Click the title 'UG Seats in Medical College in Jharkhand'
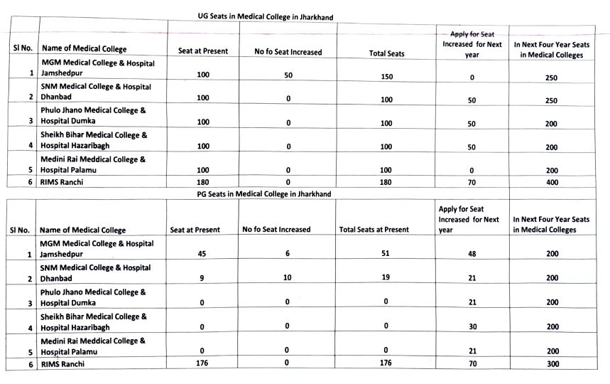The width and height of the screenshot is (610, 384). tap(265, 16)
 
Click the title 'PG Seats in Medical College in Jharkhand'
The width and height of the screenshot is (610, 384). tap(264, 193)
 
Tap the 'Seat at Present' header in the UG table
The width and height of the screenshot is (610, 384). tap(203, 51)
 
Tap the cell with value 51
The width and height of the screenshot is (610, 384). tap(386, 254)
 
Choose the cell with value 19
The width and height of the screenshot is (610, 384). tap(386, 277)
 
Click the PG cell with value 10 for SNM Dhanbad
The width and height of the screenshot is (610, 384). tap(288, 277)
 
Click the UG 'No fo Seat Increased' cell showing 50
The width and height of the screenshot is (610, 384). tap(288, 75)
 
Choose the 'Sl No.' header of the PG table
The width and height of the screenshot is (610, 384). tap(20, 230)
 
